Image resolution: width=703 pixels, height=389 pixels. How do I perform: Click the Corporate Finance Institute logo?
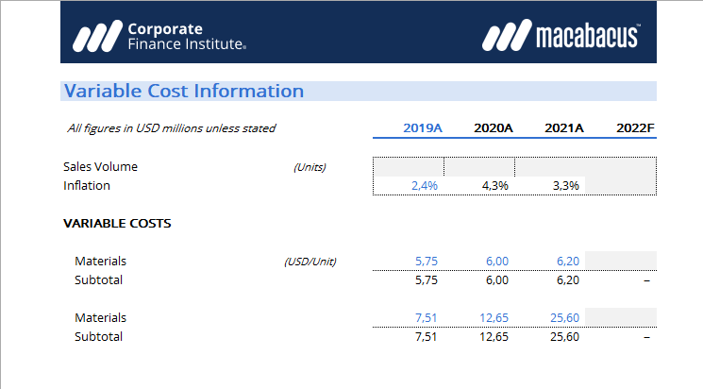[160, 36]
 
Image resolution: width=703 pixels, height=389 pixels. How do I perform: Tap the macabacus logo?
[561, 36]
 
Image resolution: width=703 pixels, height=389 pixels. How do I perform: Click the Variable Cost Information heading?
[184, 92]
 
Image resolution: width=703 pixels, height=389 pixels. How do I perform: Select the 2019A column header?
[423, 128]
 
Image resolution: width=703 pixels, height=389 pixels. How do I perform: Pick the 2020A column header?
[493, 128]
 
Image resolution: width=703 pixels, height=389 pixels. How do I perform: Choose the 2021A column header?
[564, 128]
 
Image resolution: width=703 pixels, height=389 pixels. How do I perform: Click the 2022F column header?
[634, 128]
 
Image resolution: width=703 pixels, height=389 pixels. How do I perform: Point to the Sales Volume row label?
[100, 167]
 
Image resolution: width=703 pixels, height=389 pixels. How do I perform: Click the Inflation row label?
[87, 186]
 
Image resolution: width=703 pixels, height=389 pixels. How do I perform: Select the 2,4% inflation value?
[424, 186]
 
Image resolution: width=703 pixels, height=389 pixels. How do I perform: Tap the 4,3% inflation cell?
[494, 186]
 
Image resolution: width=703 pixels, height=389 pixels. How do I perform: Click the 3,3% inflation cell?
[565, 186]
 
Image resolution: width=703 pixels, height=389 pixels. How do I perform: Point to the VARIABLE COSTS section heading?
[117, 225]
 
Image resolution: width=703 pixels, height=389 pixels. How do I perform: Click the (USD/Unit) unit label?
[310, 262]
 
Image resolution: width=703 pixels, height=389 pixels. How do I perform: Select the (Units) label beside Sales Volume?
[310, 167]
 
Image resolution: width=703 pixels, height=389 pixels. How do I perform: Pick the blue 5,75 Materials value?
[427, 262]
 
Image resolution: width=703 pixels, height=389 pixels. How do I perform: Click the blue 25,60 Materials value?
[565, 318]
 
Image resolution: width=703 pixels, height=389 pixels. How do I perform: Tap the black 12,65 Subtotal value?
[494, 337]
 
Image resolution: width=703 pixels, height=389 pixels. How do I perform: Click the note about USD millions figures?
[172, 128]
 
